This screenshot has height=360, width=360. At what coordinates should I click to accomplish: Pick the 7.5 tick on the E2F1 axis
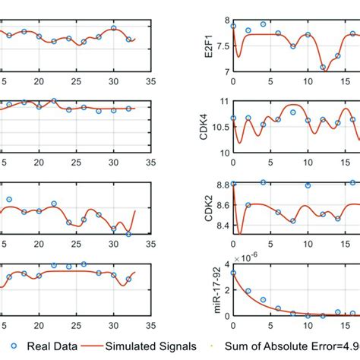click(222, 46)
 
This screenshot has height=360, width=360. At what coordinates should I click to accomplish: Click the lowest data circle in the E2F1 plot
click(322, 68)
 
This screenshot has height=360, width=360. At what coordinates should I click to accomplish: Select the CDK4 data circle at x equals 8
click(292, 112)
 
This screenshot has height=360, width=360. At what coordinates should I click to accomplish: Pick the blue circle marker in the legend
click(13, 346)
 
